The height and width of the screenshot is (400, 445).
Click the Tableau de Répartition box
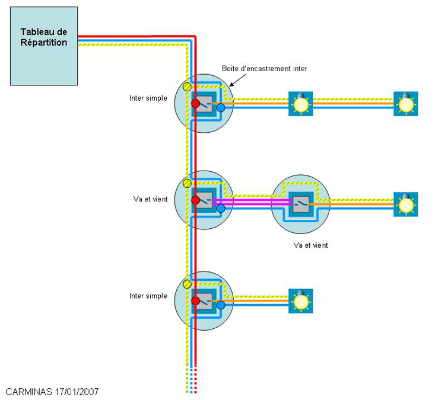pyautogui.click(x=44, y=46)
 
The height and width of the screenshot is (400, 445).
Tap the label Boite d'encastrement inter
pyautogui.click(x=265, y=69)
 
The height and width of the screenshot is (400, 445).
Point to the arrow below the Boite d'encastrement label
pyautogui.click(x=238, y=80)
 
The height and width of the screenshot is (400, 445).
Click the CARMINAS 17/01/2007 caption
pyautogui.click(x=52, y=392)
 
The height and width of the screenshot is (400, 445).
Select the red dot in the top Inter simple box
pyautogui.click(x=196, y=104)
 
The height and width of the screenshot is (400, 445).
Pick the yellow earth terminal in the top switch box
pyautogui.click(x=187, y=87)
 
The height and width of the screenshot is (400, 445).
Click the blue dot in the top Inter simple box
pyautogui.click(x=221, y=108)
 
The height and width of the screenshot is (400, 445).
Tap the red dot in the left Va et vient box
pyautogui.click(x=196, y=200)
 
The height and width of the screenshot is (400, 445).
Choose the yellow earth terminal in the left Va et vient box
pyautogui.click(x=187, y=184)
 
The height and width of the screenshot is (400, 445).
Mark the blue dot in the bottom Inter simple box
pyautogui.click(x=221, y=305)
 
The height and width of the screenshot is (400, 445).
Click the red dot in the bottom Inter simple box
pyautogui.click(x=196, y=301)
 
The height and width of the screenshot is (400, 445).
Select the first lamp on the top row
pyautogui.click(x=301, y=104)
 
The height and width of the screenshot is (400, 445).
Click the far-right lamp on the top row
pyautogui.click(x=406, y=104)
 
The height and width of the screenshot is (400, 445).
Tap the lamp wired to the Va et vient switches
pyautogui.click(x=406, y=204)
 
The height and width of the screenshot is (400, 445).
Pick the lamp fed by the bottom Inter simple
pyautogui.click(x=301, y=301)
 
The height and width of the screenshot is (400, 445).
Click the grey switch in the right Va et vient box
pyautogui.click(x=301, y=204)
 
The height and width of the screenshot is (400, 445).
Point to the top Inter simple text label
pyautogui.click(x=148, y=98)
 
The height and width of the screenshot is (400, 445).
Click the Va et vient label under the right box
pyautogui.click(x=310, y=245)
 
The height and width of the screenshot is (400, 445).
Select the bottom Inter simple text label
pyautogui.click(x=148, y=296)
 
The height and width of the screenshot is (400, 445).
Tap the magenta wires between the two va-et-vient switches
pyautogui.click(x=253, y=202)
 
